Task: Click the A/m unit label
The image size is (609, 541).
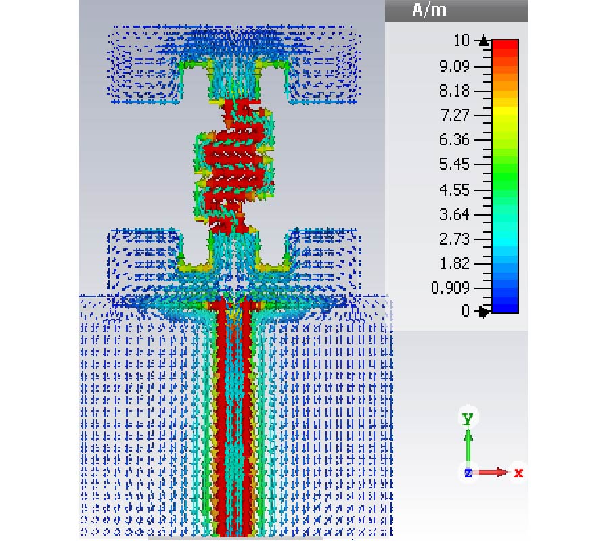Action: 429,9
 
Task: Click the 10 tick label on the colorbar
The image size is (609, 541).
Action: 461,41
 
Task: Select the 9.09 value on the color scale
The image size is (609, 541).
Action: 454,66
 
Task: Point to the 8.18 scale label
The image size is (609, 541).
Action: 454,91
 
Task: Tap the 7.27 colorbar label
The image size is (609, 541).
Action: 454,115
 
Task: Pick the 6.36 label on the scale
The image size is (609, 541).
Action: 454,140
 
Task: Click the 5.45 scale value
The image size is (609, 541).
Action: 454,164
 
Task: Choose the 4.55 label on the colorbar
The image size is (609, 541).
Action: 454,190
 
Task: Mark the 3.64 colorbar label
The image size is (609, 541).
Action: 454,214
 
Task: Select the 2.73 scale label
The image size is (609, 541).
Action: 454,239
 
